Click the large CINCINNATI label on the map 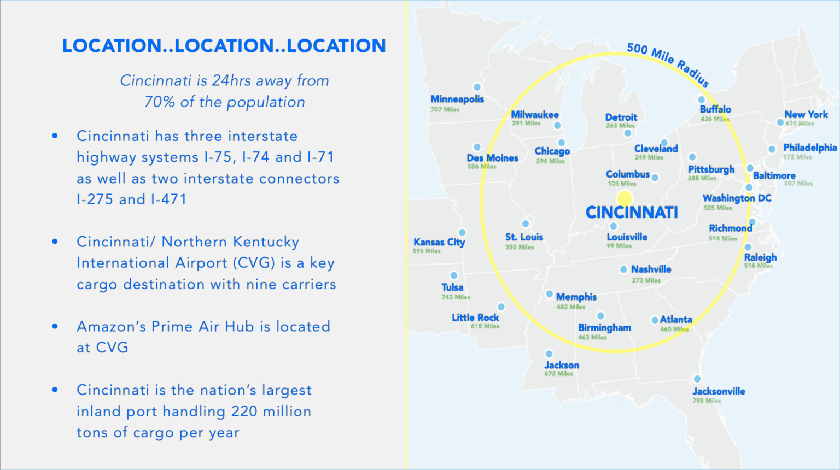click(x=632, y=213)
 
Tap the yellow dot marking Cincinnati click(x=625, y=198)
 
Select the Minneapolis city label click(x=457, y=99)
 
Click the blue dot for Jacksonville click(x=697, y=379)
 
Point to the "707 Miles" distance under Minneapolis click(x=445, y=110)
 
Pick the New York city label click(x=806, y=115)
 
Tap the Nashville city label click(x=651, y=269)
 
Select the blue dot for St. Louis click(x=526, y=224)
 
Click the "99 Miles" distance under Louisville click(x=619, y=246)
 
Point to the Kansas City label click(x=439, y=242)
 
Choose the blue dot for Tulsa click(x=453, y=275)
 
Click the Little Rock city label click(x=475, y=318)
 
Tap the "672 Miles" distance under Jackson click(x=558, y=374)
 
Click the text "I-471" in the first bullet click(x=169, y=199)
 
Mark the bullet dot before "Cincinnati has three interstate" click(x=55, y=136)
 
